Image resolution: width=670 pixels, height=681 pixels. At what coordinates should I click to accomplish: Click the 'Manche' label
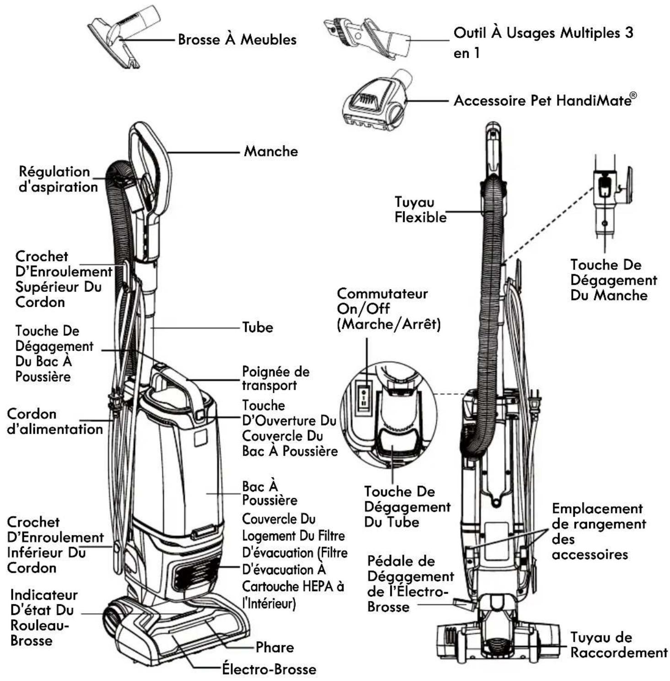(271, 151)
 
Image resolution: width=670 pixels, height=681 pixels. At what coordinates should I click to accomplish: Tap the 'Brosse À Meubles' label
(237, 39)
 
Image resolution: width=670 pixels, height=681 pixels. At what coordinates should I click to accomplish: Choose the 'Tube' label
(257, 327)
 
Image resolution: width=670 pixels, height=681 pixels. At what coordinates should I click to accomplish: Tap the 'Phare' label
(274, 647)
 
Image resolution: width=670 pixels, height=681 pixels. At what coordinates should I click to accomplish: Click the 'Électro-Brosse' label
(269, 669)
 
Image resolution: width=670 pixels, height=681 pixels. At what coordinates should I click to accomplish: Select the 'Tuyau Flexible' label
(420, 210)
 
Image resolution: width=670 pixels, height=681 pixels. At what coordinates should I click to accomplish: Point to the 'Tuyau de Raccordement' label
(619, 645)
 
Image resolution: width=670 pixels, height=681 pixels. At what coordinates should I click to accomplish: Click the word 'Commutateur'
(382, 293)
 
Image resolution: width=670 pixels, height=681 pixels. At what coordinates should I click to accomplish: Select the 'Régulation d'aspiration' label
(58, 179)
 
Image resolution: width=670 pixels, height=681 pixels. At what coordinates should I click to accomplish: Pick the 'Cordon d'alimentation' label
(54, 421)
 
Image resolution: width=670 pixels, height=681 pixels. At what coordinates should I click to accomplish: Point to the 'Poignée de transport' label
(275, 378)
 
